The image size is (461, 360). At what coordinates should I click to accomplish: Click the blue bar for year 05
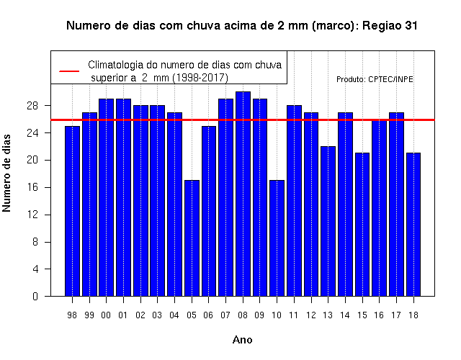(x=192, y=238)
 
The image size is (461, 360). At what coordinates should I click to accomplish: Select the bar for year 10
(x=277, y=238)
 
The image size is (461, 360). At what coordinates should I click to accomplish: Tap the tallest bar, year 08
(x=243, y=194)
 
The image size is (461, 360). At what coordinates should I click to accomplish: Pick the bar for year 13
(x=328, y=221)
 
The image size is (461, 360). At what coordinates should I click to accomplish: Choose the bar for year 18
(x=413, y=225)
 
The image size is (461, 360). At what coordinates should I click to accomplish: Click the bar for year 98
(x=72, y=211)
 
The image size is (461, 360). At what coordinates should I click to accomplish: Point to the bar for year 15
(x=362, y=225)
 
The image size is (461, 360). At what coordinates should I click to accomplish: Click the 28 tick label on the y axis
(x=32, y=106)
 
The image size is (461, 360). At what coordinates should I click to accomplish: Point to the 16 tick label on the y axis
(x=32, y=187)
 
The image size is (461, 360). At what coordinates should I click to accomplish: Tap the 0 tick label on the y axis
(x=35, y=296)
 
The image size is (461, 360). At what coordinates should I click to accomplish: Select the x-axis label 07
(x=225, y=315)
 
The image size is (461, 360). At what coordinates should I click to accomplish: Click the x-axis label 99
(x=89, y=315)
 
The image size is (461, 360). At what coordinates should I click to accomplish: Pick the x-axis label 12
(x=310, y=315)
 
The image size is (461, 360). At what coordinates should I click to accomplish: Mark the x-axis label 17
(x=396, y=315)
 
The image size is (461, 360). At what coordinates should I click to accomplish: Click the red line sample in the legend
(x=69, y=71)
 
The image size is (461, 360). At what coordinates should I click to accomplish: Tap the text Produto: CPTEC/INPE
(x=375, y=79)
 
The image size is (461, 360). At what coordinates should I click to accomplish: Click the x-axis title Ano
(x=242, y=340)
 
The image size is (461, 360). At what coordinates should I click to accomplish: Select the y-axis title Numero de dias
(x=6, y=173)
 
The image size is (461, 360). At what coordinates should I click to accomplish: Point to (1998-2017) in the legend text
(x=200, y=78)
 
